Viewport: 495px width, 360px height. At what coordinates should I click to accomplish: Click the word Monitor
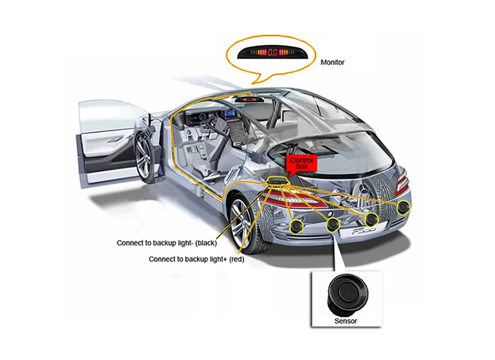point(332,63)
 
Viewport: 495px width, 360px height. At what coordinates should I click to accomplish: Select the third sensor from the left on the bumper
point(372,219)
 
